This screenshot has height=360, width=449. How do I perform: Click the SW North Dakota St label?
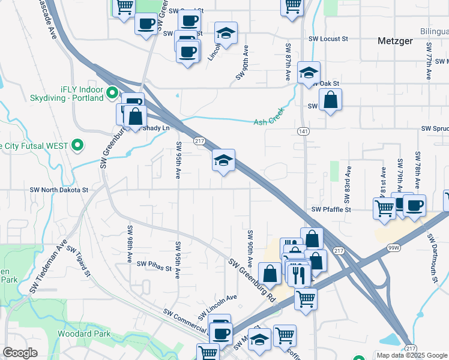pyautogui.click(x=59, y=190)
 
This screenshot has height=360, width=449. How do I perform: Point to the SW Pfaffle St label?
pyautogui.click(x=330, y=210)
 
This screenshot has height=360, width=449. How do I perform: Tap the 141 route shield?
pyautogui.click(x=304, y=130)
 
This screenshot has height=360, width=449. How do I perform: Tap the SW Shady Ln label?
pyautogui.click(x=154, y=128)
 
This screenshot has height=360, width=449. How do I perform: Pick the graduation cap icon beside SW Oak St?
pyautogui.click(x=309, y=73)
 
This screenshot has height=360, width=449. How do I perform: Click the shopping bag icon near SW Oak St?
pyautogui.click(x=330, y=99)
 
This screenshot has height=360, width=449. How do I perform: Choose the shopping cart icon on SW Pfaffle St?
pyautogui.click(x=384, y=208)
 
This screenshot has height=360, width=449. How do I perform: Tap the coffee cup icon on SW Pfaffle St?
pyautogui.click(x=414, y=205)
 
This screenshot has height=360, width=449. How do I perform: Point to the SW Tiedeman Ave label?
pyautogui.click(x=49, y=268)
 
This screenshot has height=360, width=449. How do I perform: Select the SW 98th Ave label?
pyautogui.click(x=130, y=244)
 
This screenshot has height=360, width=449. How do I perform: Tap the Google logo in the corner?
pyautogui.click(x=20, y=353)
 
